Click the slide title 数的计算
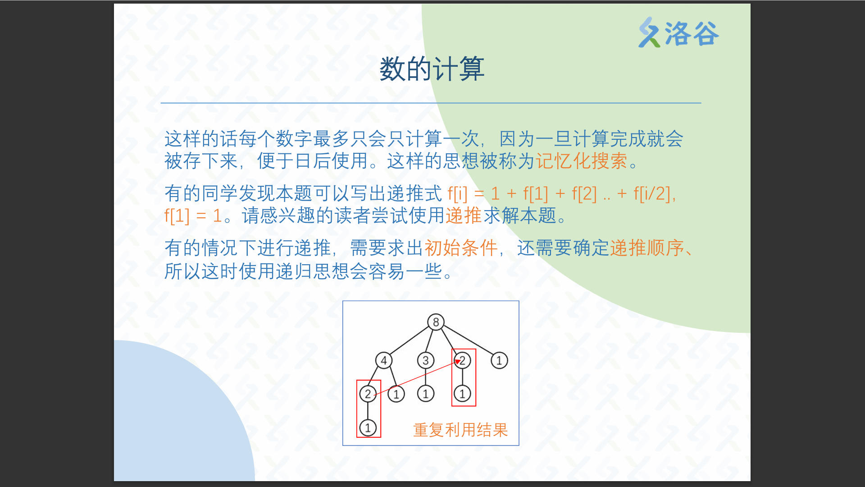(x=432, y=69)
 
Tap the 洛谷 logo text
(x=692, y=33)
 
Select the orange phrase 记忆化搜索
(x=581, y=161)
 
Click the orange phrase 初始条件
(x=461, y=248)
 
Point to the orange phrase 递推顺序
(x=647, y=248)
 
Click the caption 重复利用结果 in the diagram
(x=460, y=430)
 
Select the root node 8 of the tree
(x=436, y=322)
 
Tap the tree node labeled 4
(x=384, y=360)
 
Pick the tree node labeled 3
(x=425, y=360)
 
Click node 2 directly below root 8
(x=462, y=360)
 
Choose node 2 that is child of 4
(x=368, y=394)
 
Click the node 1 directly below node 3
(x=425, y=394)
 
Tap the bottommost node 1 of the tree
(x=368, y=427)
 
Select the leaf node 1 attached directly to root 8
(x=499, y=360)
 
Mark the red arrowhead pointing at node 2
(x=458, y=362)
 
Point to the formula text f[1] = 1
(x=193, y=216)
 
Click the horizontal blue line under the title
(x=431, y=103)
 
